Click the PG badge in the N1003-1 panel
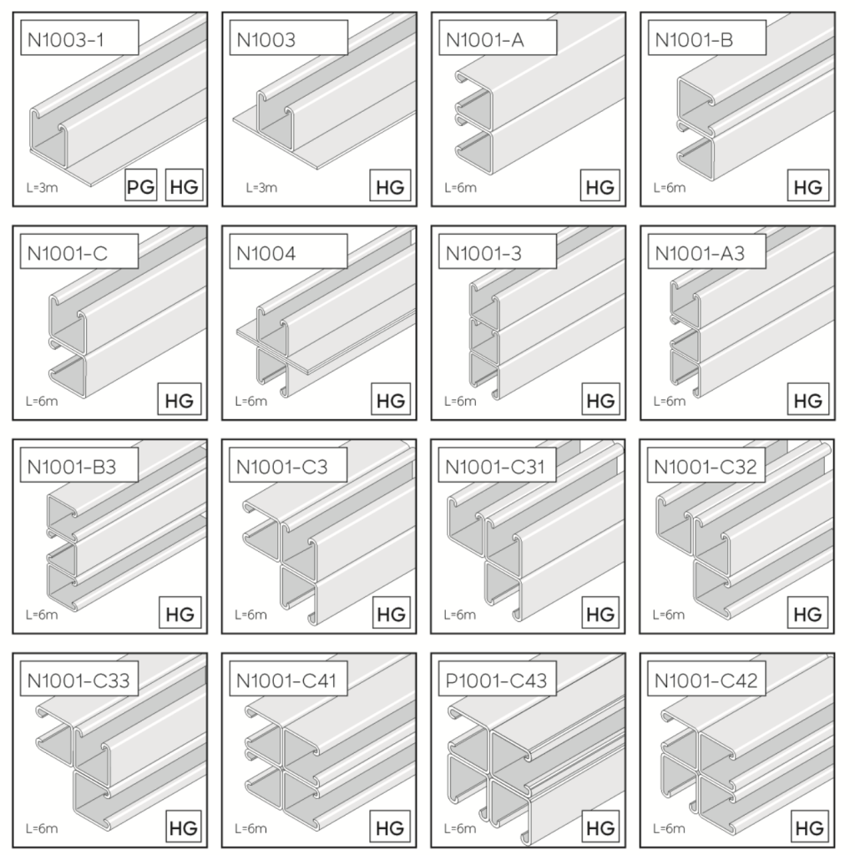point(141,186)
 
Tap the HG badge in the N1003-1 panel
point(184,186)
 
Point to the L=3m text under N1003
point(261,188)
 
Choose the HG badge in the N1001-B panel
point(807,186)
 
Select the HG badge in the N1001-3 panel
point(600,400)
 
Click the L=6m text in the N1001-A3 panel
point(668,402)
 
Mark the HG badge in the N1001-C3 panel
point(390,615)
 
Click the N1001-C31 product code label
point(496,467)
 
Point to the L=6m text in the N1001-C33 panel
point(41,829)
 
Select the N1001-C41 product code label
point(287,681)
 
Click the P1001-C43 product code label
point(496,681)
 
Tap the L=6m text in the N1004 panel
point(250,402)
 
